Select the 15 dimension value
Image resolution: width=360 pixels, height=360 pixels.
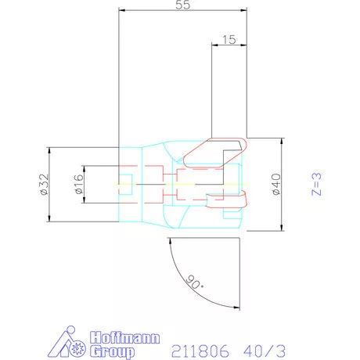(x=229, y=38)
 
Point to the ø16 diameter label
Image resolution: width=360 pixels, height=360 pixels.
(x=77, y=185)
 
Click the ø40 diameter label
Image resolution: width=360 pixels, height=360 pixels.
(x=275, y=185)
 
